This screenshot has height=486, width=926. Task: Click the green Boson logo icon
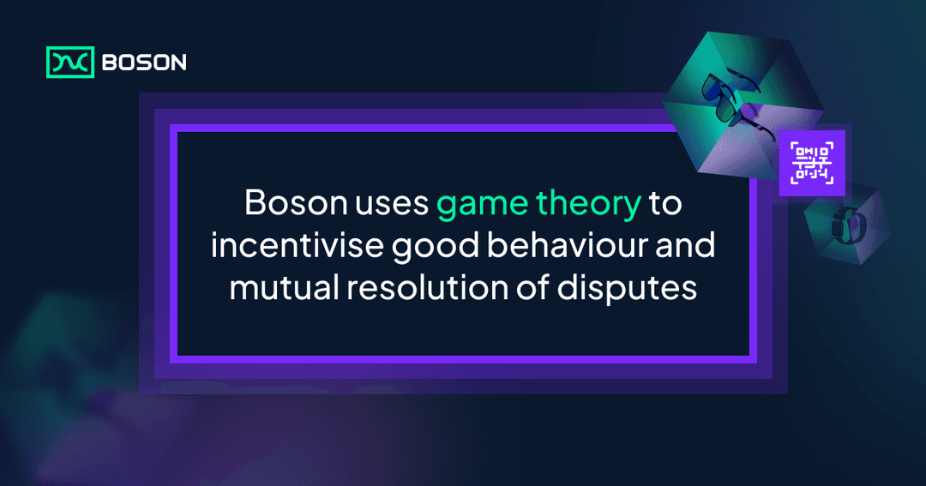(69, 62)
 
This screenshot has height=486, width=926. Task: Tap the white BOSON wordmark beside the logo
(143, 63)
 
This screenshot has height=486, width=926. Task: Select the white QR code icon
(811, 163)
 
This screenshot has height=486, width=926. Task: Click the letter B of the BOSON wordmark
(109, 63)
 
